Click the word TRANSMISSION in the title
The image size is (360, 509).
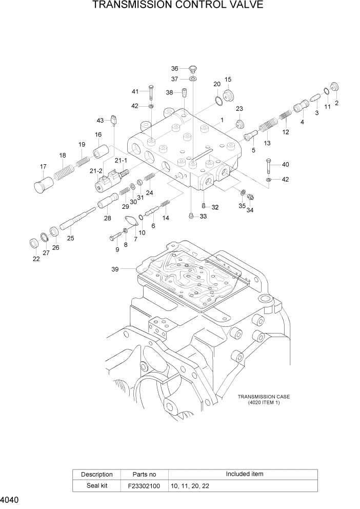click(x=132, y=6)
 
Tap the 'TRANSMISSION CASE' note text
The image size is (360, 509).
click(x=264, y=397)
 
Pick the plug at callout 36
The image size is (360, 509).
click(x=193, y=69)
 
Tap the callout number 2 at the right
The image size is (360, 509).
click(x=337, y=103)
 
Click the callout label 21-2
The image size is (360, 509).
click(x=96, y=170)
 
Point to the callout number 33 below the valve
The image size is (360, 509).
click(x=203, y=217)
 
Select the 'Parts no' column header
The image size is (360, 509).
click(x=144, y=474)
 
